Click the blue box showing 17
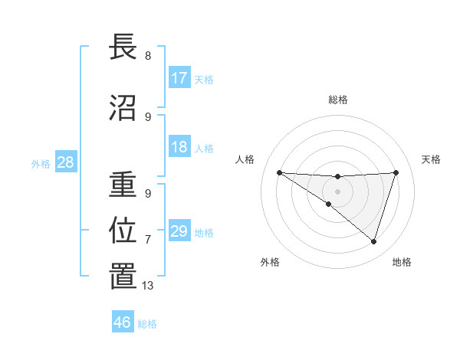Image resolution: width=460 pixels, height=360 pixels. pyautogui.click(x=179, y=78)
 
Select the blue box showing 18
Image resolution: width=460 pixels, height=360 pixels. pyautogui.click(x=179, y=147)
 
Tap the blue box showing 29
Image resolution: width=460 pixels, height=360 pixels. pyautogui.click(x=179, y=231)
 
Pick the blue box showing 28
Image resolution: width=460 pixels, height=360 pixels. pyautogui.click(x=65, y=162)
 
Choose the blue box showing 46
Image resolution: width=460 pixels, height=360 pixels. pyautogui.click(x=123, y=322)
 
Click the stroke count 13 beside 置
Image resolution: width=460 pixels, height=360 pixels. pyautogui.click(x=148, y=286)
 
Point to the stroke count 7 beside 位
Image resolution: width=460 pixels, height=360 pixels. pyautogui.click(x=148, y=240)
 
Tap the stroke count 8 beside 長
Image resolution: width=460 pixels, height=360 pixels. pyautogui.click(x=148, y=56)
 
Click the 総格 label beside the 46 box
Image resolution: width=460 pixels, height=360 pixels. pyautogui.click(x=148, y=323)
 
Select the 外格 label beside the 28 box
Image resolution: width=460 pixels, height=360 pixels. pyautogui.click(x=41, y=163)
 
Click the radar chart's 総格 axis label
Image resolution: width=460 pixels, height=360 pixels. pyautogui.click(x=337, y=100)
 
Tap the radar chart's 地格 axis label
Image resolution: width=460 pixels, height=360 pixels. pyautogui.click(x=402, y=262)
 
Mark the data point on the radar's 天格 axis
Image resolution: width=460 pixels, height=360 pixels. pyautogui.click(x=396, y=172)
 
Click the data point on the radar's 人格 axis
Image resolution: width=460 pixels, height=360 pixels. pyautogui.click(x=279, y=172)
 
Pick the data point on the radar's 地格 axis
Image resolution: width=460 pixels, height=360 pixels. pyautogui.click(x=373, y=241)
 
